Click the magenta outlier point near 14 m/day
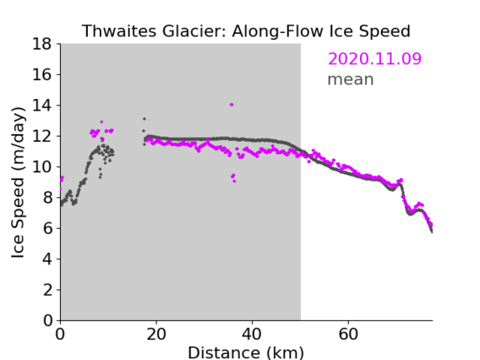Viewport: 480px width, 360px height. [232, 105]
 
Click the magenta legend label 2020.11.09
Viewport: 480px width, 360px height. [374, 58]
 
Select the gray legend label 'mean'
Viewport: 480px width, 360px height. [351, 79]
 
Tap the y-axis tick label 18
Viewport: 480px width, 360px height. [42, 44]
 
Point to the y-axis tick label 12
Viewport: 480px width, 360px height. [42, 136]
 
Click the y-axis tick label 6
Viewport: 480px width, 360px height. [47, 228]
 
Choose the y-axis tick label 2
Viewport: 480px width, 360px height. [47, 290]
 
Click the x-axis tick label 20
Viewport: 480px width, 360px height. [156, 334]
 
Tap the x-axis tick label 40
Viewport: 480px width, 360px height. [252, 334]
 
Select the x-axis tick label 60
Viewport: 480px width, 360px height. [348, 334]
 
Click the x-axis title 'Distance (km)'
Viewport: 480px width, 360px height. [246, 353]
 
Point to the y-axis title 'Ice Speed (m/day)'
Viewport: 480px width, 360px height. [18, 183]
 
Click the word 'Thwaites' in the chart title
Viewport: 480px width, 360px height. [120, 31]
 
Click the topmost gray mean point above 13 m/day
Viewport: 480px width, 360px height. [145, 119]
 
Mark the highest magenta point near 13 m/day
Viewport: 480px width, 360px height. [101, 122]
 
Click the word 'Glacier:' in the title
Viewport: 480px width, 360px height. [194, 31]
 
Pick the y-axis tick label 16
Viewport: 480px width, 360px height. [42, 74]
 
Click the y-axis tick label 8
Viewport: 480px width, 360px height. [47, 198]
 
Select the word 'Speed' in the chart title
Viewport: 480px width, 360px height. [385, 32]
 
